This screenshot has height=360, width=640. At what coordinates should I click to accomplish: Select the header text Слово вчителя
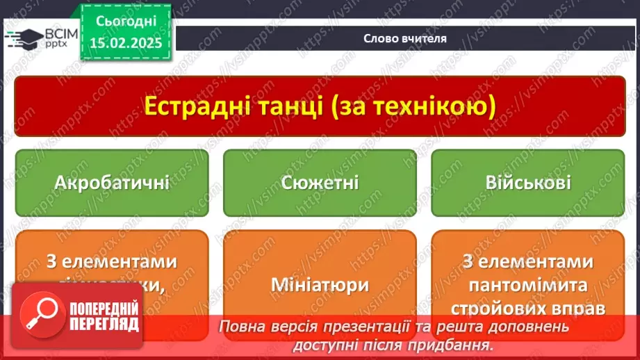(405, 39)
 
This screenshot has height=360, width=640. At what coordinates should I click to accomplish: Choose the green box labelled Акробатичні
(111, 183)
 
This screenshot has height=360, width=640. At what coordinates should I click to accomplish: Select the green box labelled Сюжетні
(320, 183)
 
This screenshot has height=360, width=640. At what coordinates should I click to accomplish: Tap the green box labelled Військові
(528, 183)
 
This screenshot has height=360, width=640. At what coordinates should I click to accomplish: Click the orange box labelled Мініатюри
(320, 285)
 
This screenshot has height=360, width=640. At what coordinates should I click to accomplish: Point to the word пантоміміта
(528, 285)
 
